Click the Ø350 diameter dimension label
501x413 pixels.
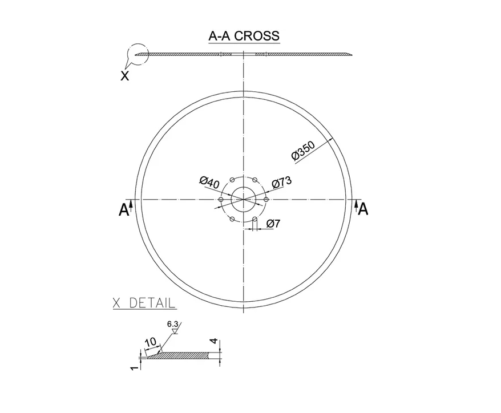pyautogui.click(x=304, y=150)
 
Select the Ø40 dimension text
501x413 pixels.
pyautogui.click(x=209, y=182)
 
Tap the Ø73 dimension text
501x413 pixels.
pyautogui.click(x=282, y=182)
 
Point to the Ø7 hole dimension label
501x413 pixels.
pyautogui.click(x=273, y=224)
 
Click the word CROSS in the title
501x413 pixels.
pyautogui.click(x=257, y=36)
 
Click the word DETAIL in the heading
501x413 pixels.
pyautogui.click(x=152, y=303)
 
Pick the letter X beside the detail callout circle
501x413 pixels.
pyautogui.click(x=124, y=76)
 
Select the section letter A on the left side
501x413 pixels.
pyautogui.click(x=124, y=210)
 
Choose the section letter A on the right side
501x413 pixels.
pyautogui.click(x=363, y=209)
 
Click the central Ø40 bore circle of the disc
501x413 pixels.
pyautogui.click(x=244, y=188)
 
